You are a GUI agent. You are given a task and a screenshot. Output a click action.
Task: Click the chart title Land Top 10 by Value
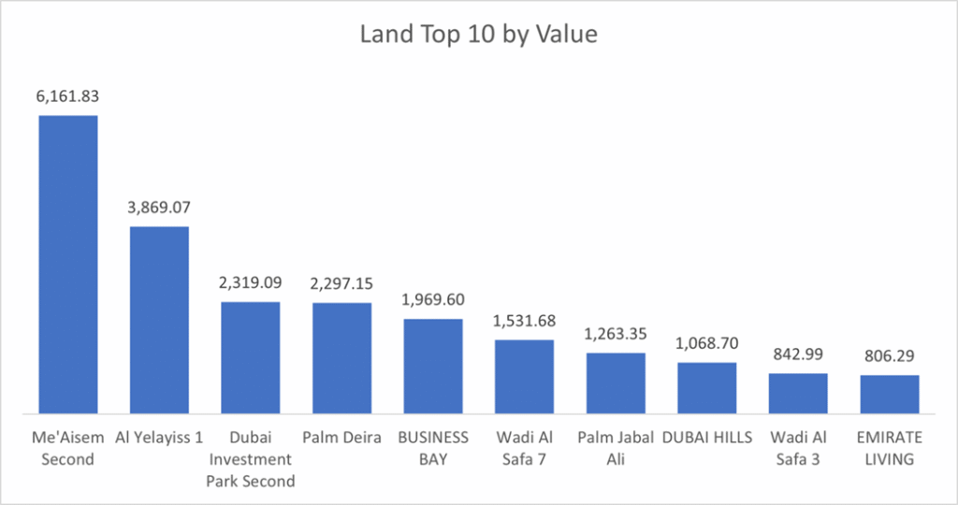coord(478,36)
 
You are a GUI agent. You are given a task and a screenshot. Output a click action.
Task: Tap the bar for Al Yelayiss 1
coord(159,319)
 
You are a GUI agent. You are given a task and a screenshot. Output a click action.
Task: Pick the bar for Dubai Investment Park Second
coord(250,356)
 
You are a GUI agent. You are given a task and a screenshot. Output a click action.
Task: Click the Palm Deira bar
coord(341,357)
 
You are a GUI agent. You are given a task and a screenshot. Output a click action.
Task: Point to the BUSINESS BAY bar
coord(433,366)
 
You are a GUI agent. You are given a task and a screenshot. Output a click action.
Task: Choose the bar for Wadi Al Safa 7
coord(524,376)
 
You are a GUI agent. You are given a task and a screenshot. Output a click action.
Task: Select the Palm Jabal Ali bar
coord(616,382)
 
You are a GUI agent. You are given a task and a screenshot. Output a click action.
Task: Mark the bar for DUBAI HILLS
coord(706,387)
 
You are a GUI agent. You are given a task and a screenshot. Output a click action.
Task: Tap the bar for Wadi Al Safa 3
coord(798,393)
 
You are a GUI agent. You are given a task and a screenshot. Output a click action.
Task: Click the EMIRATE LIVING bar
coord(890,394)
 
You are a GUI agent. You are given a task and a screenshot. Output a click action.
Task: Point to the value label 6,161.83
coord(67,95)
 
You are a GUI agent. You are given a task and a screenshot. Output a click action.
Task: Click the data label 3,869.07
coord(159,207)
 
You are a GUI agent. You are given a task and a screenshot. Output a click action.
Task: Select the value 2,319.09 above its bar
coord(250,281)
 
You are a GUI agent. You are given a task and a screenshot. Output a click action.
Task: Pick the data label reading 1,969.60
coord(433,299)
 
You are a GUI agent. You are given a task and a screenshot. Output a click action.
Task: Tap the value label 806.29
coord(890,355)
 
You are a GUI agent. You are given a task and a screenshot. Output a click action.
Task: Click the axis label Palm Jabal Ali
coord(616,448)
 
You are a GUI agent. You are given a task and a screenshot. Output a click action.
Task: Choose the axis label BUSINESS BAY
coord(433,448)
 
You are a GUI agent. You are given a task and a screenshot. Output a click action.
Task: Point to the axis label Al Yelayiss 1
coord(159,438)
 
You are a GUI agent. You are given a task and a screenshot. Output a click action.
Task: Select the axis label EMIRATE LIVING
coord(890,448)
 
